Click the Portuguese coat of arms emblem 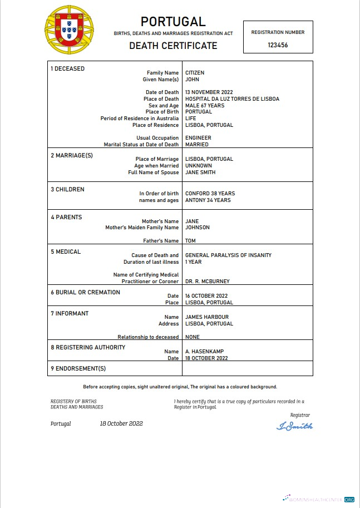(69, 29)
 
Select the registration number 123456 (278, 45)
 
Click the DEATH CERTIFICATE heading (173, 46)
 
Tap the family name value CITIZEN (195, 73)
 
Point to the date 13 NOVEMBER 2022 (209, 92)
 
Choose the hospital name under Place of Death (232, 99)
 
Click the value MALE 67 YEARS (204, 106)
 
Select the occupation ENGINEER (198, 138)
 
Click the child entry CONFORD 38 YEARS (210, 194)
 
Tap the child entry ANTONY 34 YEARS (208, 200)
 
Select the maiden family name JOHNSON (198, 228)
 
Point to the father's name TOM (190, 241)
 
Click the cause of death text (228, 255)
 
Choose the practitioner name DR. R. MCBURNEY (207, 282)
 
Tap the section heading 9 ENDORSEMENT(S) (78, 368)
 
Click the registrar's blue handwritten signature (294, 426)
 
